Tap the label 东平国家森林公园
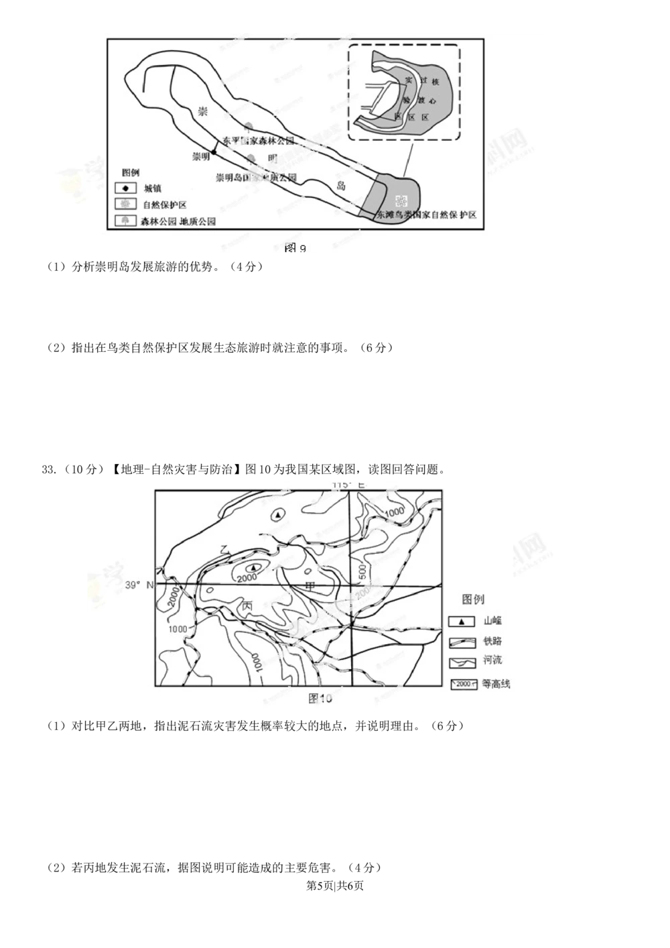pos(259,141)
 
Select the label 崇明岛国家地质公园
pos(255,178)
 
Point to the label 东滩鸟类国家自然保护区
pos(426,215)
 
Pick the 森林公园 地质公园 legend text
pos(178,221)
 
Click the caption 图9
pos(295,249)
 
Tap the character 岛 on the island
pos(342,186)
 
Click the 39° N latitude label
pos(139,585)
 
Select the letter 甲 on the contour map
pos(310,587)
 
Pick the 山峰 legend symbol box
pos(461,621)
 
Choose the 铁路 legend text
pos(492,642)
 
